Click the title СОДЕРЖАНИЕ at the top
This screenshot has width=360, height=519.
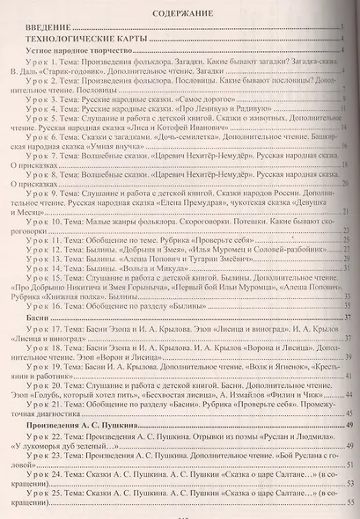tap(180, 16)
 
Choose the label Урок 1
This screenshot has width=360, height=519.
tap(40, 74)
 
